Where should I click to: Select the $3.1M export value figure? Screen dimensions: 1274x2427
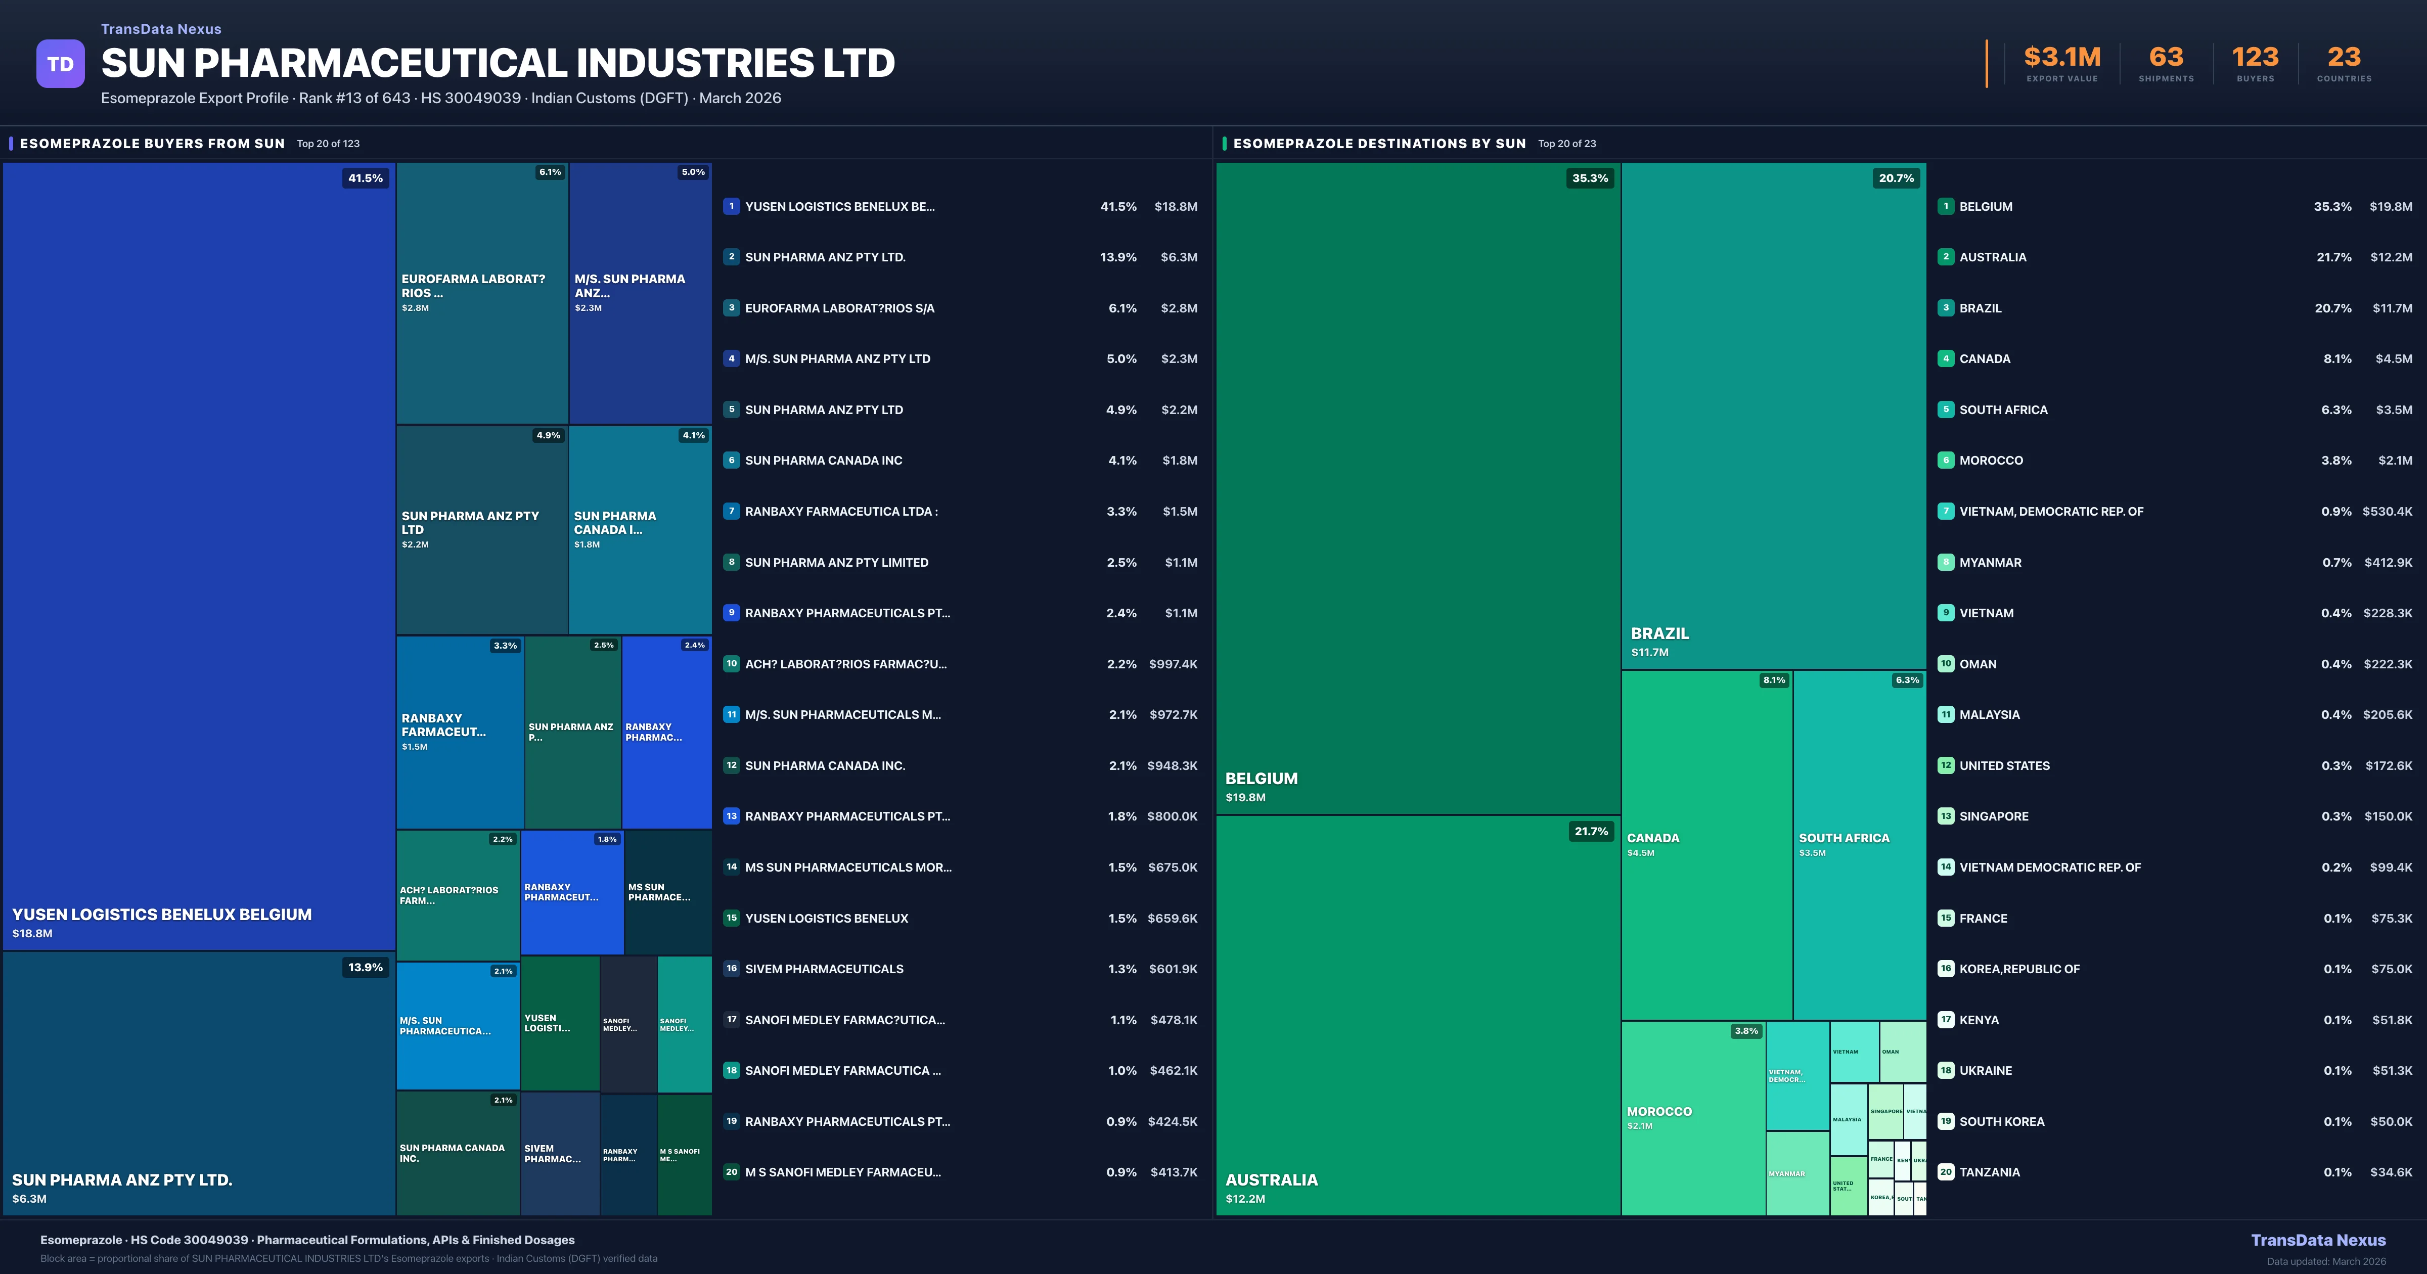click(2061, 58)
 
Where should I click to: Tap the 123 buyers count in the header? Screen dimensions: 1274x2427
click(2255, 58)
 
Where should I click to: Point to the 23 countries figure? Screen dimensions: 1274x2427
click(2343, 58)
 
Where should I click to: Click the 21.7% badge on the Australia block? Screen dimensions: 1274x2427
click(1590, 831)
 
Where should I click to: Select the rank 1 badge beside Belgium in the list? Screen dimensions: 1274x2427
click(1946, 206)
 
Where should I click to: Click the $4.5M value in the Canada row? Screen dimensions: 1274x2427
click(2393, 359)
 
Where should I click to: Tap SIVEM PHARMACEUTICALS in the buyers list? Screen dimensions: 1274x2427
click(824, 969)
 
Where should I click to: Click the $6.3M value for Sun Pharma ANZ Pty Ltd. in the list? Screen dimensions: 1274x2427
click(1178, 257)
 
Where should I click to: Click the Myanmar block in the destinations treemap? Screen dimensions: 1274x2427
click(1796, 1173)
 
